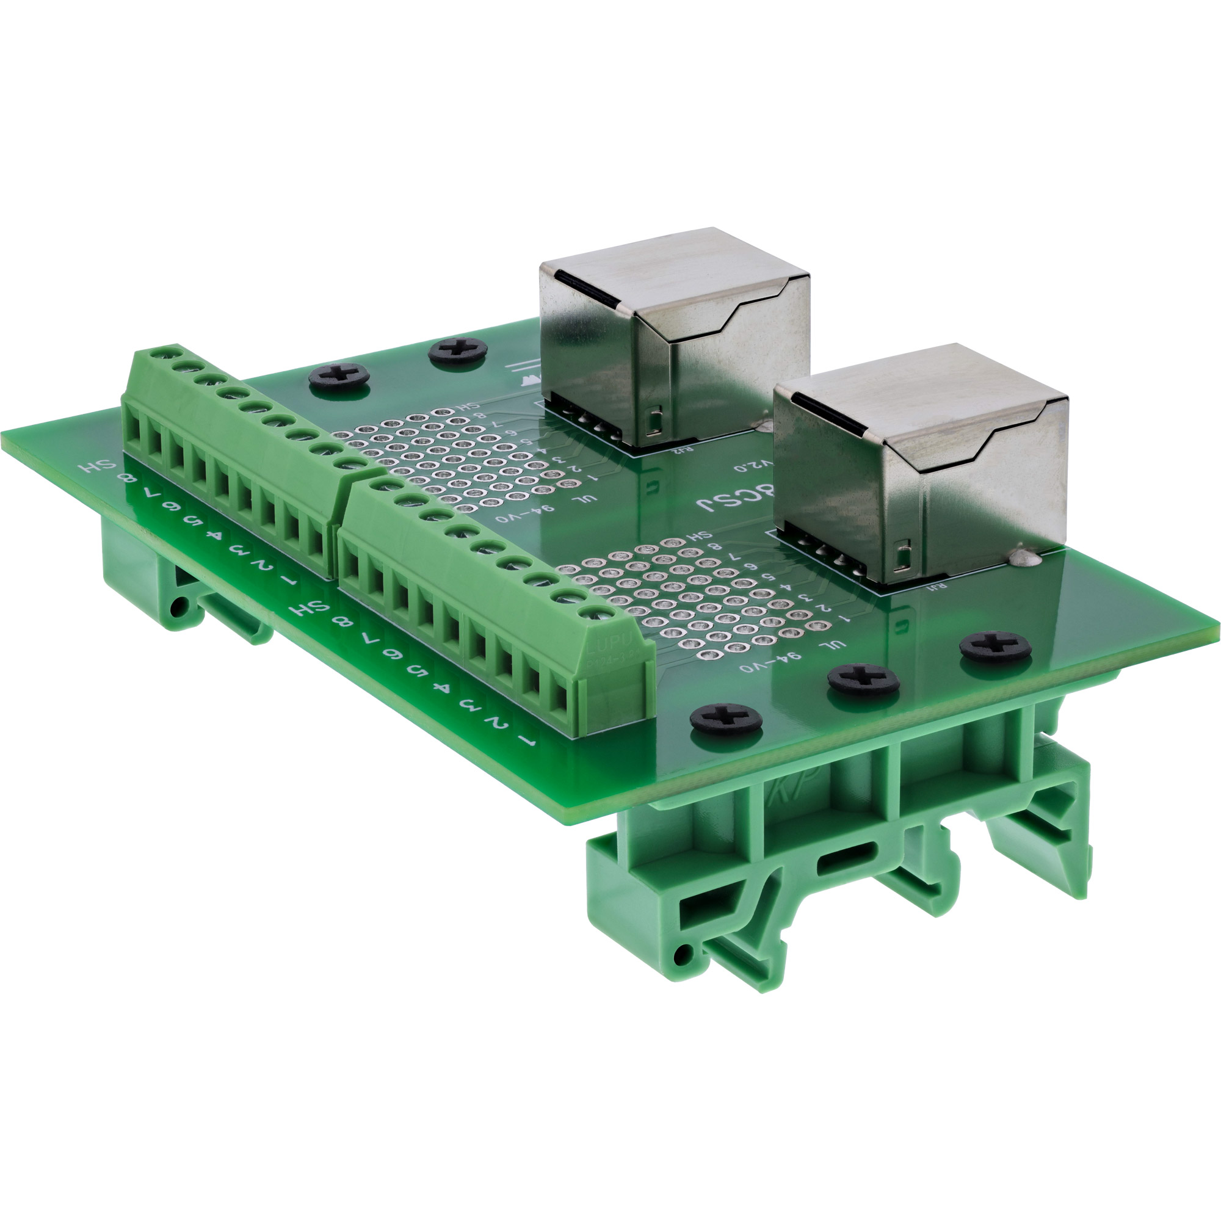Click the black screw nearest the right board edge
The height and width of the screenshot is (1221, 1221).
click(x=995, y=647)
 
